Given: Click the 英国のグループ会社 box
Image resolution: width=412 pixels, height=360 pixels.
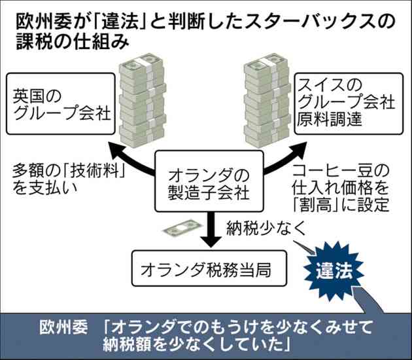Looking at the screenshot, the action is (61, 104).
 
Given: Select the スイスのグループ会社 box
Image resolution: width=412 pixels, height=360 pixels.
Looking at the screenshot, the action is (349, 104).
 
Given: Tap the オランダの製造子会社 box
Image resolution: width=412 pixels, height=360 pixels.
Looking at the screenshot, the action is (209, 181).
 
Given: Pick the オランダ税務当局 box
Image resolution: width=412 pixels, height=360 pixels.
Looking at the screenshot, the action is (209, 268).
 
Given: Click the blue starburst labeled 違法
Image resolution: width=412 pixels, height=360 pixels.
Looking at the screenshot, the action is (334, 271).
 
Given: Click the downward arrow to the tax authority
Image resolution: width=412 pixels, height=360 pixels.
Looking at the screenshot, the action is (211, 229).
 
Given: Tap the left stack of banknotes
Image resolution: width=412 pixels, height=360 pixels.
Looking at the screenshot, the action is (143, 100).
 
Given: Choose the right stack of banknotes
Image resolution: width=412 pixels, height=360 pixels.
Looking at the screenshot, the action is (267, 100).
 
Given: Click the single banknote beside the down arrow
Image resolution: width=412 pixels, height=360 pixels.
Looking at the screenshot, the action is (182, 228).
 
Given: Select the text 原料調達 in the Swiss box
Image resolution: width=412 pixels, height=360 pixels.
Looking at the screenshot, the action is (330, 119).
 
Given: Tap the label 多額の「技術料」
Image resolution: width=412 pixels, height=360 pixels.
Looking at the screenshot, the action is (69, 171).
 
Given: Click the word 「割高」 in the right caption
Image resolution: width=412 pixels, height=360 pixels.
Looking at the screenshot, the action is (316, 204).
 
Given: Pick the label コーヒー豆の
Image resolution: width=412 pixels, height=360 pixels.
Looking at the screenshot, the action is (341, 170).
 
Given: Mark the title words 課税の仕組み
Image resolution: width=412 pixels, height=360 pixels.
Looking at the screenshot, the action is (73, 41).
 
